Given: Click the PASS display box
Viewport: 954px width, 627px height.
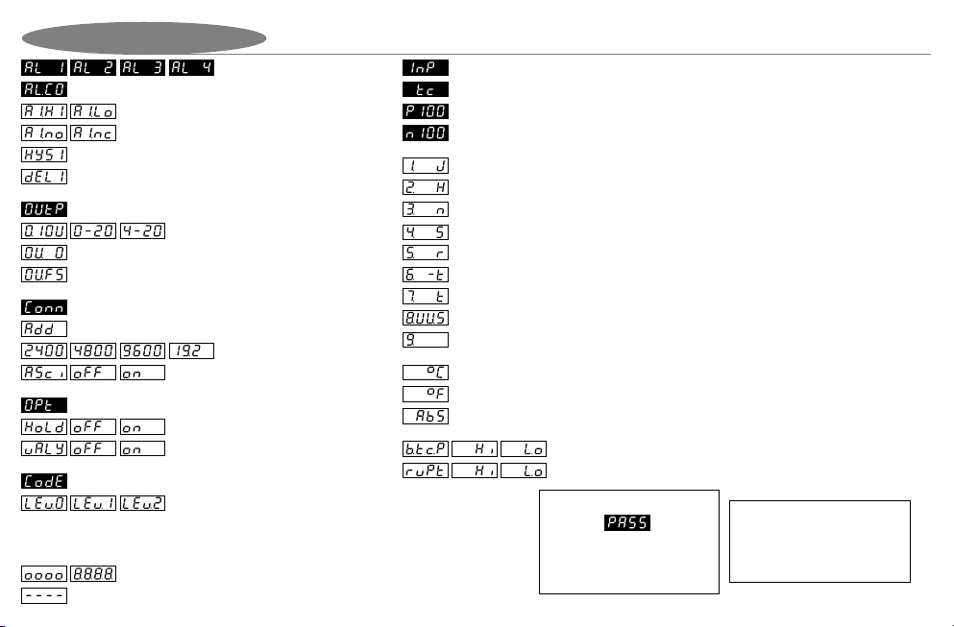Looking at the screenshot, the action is tap(627, 523).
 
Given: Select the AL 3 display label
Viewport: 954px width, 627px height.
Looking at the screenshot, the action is tap(142, 69).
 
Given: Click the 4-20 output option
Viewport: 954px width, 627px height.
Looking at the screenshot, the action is tap(142, 231).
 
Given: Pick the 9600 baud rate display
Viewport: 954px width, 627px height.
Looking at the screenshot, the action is tap(142, 350).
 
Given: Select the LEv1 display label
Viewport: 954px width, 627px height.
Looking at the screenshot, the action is tap(92, 503).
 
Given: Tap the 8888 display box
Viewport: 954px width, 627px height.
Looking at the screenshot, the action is tap(92, 574).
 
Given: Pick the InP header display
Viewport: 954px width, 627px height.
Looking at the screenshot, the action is tap(424, 69).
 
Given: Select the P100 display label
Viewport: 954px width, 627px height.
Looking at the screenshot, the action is tap(424, 110).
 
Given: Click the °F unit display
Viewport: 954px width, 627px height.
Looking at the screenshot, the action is tap(424, 394).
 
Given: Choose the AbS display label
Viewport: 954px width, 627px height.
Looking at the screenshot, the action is tap(424, 416).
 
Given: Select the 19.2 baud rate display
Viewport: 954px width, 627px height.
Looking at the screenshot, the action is tap(191, 350).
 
